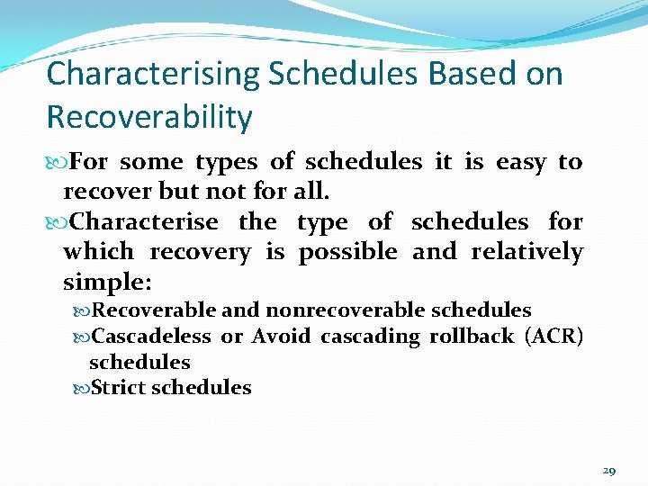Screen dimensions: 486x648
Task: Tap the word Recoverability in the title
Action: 148,117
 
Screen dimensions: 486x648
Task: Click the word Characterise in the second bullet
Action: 143,221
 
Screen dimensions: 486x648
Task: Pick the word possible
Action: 347,252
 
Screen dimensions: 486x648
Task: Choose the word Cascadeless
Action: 151,337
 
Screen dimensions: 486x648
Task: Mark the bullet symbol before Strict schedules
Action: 81,389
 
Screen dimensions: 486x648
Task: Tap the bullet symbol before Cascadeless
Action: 81,337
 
